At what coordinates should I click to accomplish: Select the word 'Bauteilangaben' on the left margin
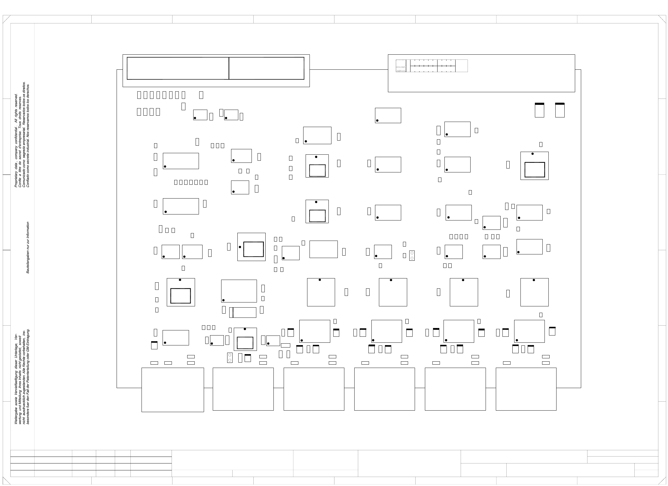tap(28, 261)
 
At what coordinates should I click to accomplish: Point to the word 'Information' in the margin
tap(28, 230)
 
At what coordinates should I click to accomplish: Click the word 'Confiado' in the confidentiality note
tap(28, 181)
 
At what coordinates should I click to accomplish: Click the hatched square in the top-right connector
tap(401, 66)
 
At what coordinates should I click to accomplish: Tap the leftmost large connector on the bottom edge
tap(172, 390)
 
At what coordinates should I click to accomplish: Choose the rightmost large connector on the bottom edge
tap(526, 389)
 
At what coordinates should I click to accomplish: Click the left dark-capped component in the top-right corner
tap(539, 110)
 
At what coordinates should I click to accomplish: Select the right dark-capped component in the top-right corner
tap(560, 110)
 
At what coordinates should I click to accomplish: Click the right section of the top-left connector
tap(267, 68)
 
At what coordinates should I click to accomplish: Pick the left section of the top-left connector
tap(178, 68)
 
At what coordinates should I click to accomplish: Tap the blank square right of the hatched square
tap(462, 66)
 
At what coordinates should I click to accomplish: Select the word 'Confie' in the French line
tap(20, 183)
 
